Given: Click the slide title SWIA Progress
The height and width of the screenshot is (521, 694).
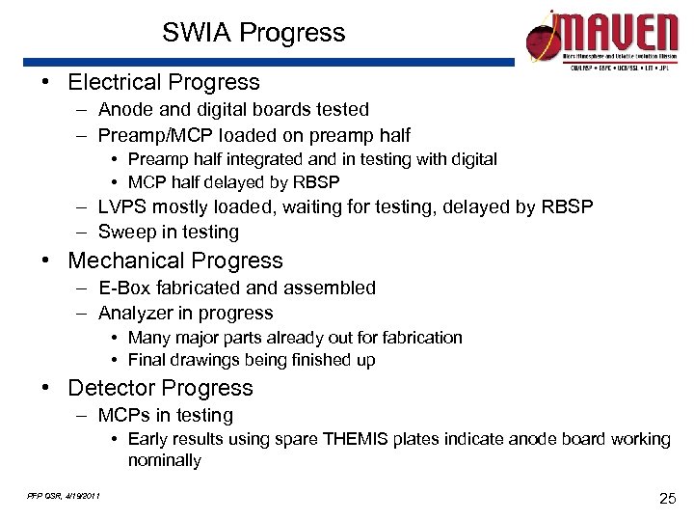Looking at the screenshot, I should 254,33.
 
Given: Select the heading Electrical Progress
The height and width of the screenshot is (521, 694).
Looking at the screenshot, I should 164,83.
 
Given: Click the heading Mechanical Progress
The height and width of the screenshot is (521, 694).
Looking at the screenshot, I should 175,260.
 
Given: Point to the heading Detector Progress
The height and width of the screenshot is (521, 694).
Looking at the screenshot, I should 160,388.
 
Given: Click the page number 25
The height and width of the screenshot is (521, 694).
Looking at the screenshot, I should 666,498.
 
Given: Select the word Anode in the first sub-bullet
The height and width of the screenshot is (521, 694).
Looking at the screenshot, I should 123,110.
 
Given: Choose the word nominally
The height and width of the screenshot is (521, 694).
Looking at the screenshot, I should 164,460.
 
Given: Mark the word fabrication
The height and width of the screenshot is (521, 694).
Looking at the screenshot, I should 419,338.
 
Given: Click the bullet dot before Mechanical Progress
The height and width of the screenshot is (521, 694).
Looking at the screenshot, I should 45,261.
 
